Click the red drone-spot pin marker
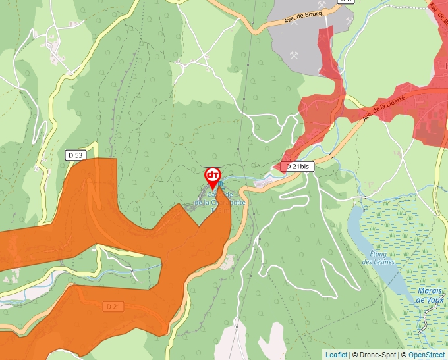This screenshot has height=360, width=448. point(213,176)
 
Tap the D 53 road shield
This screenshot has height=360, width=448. point(75,155)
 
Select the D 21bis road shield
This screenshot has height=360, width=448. point(298,167)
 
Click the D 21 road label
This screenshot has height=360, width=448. point(113,307)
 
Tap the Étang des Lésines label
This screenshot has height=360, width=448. point(378,258)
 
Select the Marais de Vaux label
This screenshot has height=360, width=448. point(430,296)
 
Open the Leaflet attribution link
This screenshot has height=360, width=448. point(336,355)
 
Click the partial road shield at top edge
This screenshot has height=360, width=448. point(346,2)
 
